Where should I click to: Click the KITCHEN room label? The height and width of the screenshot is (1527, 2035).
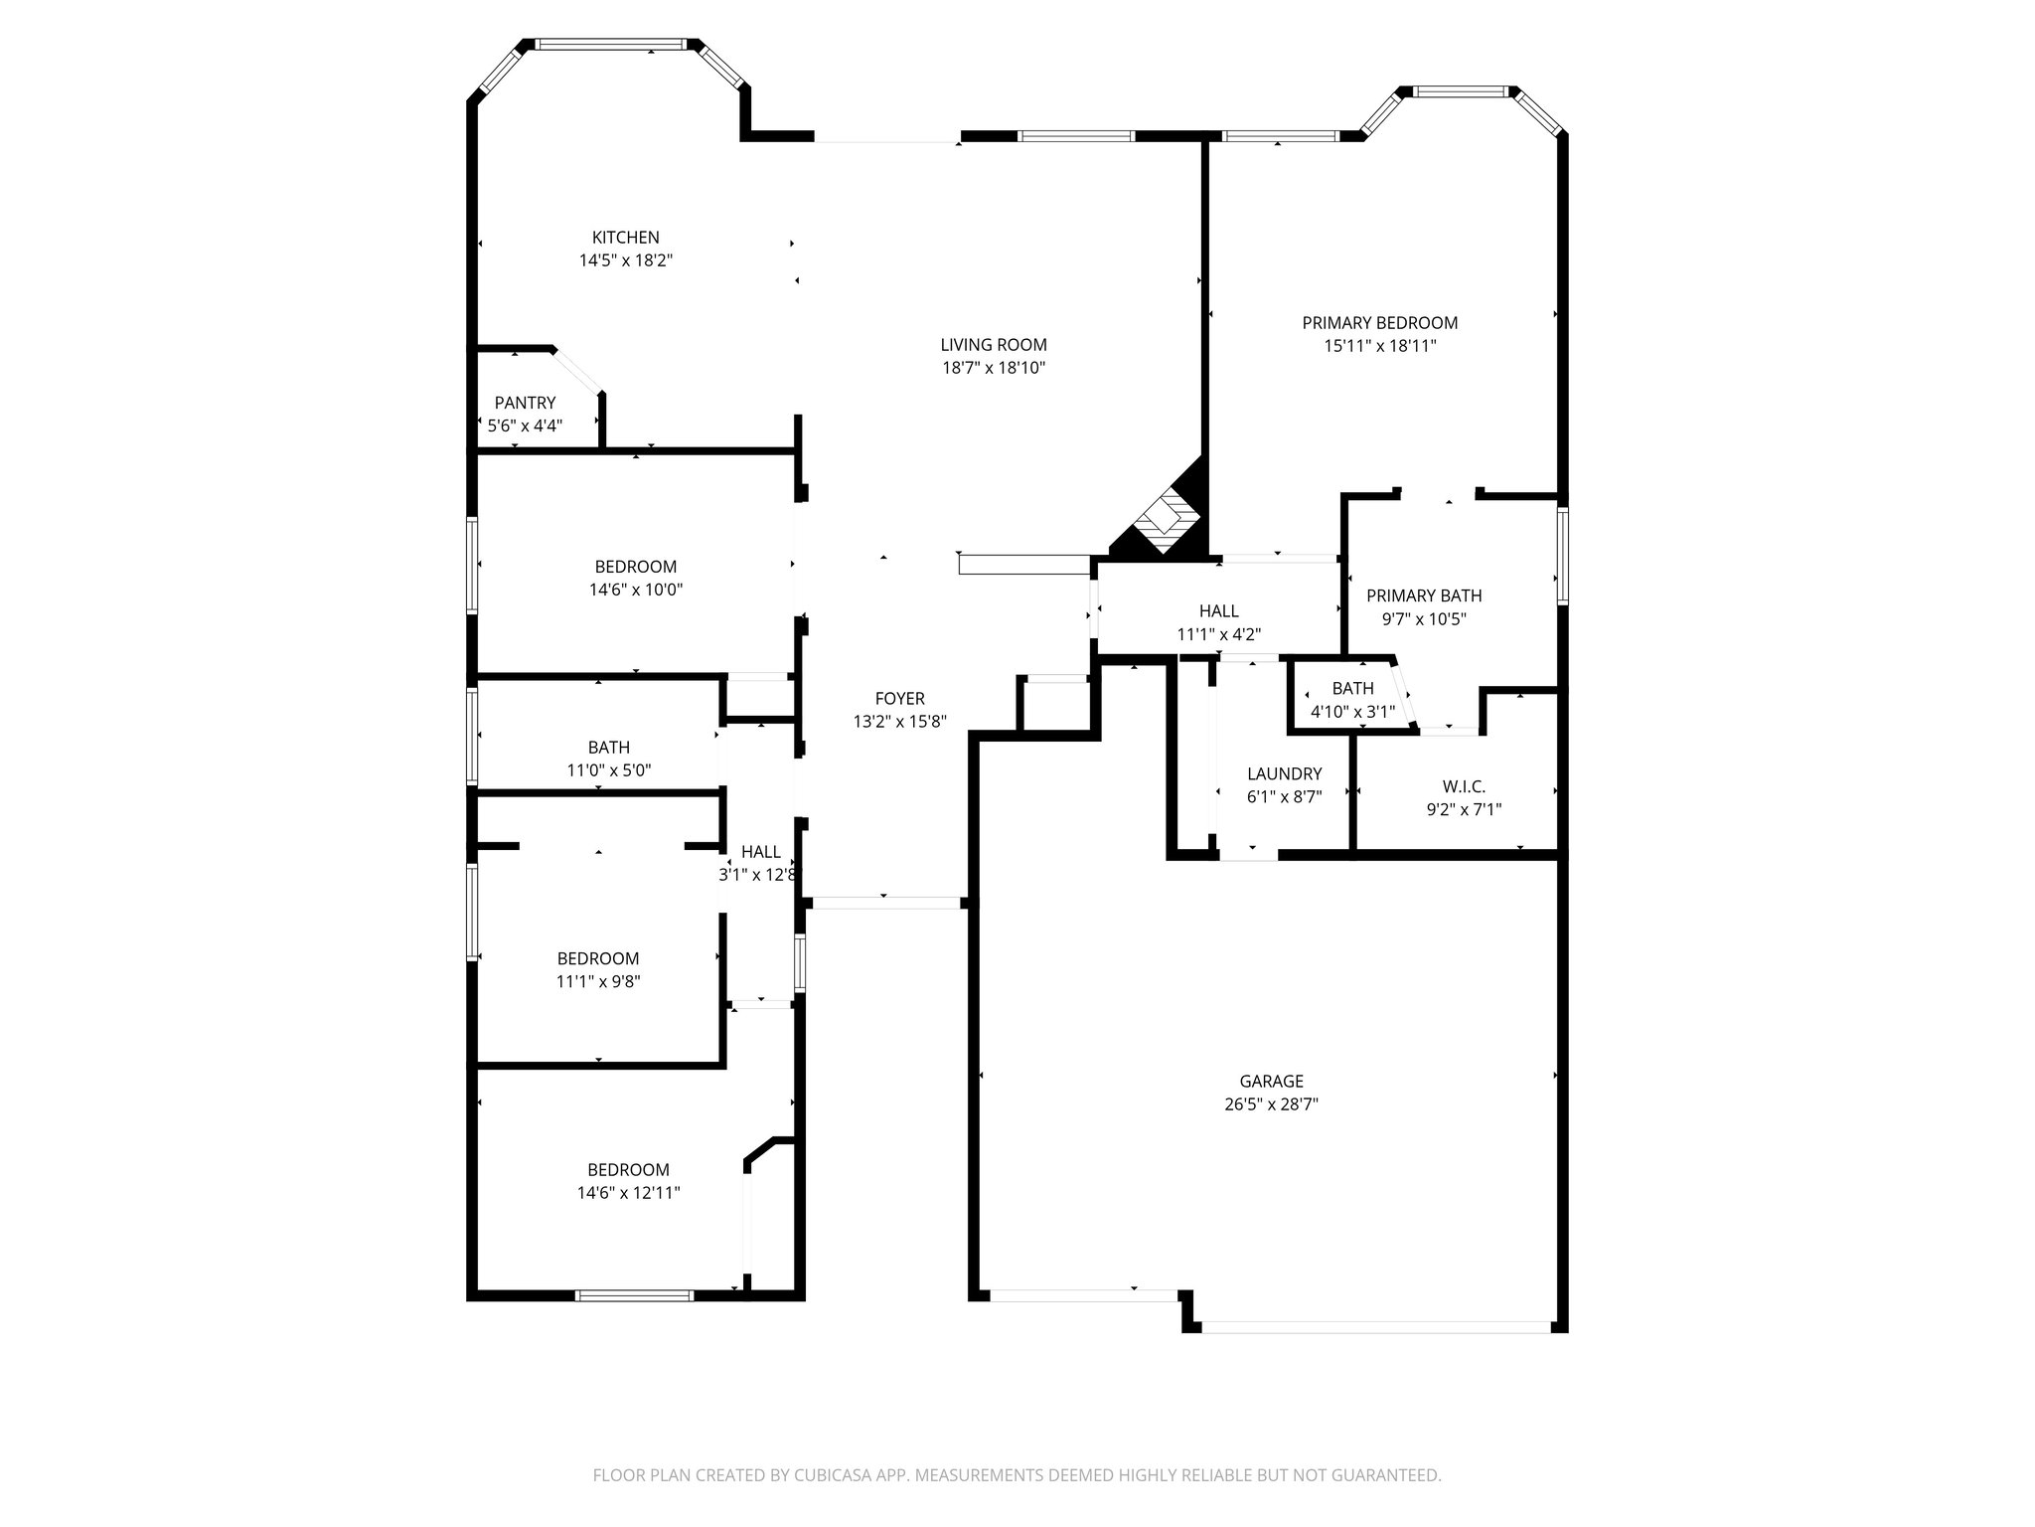pyautogui.click(x=625, y=238)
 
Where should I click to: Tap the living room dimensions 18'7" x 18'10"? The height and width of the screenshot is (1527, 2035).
pyautogui.click(x=994, y=368)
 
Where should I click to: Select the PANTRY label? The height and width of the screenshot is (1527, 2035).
pyautogui.click(x=525, y=403)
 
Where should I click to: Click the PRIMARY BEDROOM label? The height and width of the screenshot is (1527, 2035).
pyautogui.click(x=1379, y=323)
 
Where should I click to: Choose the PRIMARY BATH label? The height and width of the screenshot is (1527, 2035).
pyautogui.click(x=1423, y=595)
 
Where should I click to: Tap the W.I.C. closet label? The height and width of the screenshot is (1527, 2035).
pyautogui.click(x=1463, y=786)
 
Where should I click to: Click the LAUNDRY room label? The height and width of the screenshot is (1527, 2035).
pyautogui.click(x=1284, y=773)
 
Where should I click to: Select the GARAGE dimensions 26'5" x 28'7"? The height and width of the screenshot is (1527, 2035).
pyautogui.click(x=1271, y=1103)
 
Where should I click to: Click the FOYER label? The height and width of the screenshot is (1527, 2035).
pyautogui.click(x=899, y=699)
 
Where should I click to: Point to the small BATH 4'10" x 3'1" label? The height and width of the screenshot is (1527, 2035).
pyautogui.click(x=1352, y=688)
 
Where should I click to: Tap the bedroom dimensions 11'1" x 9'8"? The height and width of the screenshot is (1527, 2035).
pyautogui.click(x=597, y=981)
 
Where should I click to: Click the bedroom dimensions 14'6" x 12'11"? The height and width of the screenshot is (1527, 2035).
pyautogui.click(x=628, y=1193)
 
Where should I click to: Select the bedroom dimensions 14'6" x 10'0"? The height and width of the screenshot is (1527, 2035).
pyautogui.click(x=636, y=590)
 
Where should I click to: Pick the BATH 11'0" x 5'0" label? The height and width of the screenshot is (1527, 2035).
pyautogui.click(x=608, y=748)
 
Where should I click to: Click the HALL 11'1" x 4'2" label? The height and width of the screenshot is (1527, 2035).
pyautogui.click(x=1218, y=611)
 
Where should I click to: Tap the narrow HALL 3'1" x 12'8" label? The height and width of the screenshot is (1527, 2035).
pyautogui.click(x=760, y=852)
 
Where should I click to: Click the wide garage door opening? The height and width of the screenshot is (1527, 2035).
pyautogui.click(x=1375, y=1326)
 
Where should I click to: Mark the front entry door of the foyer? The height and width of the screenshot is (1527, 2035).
pyautogui.click(x=885, y=903)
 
